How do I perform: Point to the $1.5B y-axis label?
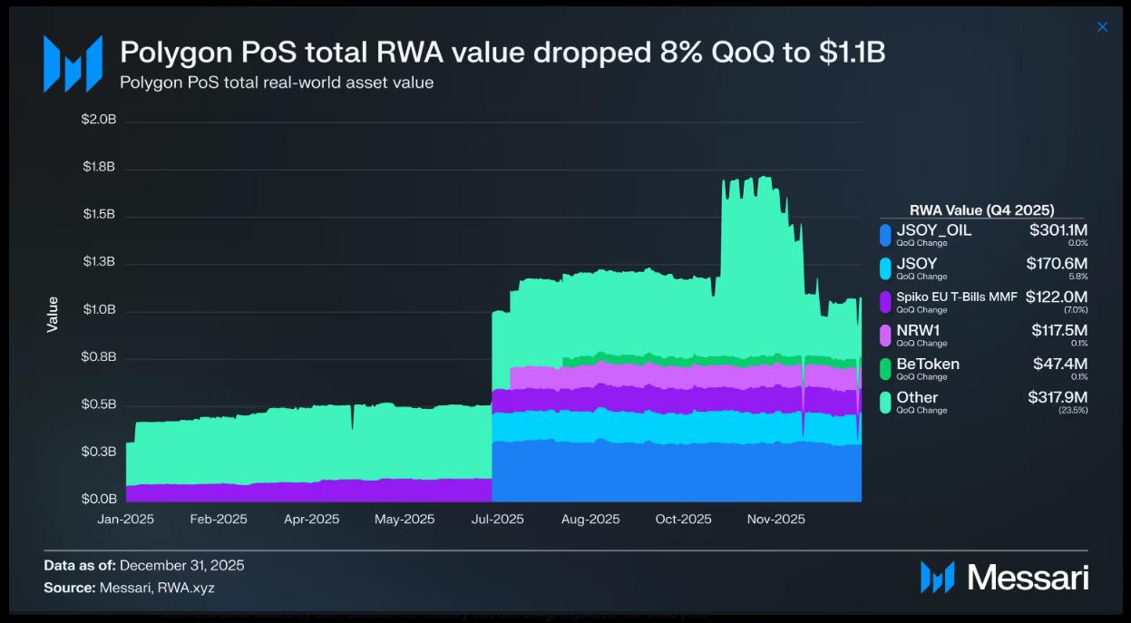tap(99, 215)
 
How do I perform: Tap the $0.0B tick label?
tap(99, 499)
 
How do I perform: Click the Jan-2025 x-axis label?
tap(125, 520)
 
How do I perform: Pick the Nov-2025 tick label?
tap(775, 520)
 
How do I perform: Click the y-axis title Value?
tap(53, 314)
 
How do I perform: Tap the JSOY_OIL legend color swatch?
tap(885, 235)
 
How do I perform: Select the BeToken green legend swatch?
tap(885, 368)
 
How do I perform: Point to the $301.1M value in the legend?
tap(1058, 230)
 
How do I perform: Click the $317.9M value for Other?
tap(1058, 397)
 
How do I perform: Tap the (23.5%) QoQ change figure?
tap(1075, 410)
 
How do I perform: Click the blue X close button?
tap(1102, 27)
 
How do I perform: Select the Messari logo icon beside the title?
tap(73, 63)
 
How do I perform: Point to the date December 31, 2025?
tap(181, 566)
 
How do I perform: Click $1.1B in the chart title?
tap(853, 53)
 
